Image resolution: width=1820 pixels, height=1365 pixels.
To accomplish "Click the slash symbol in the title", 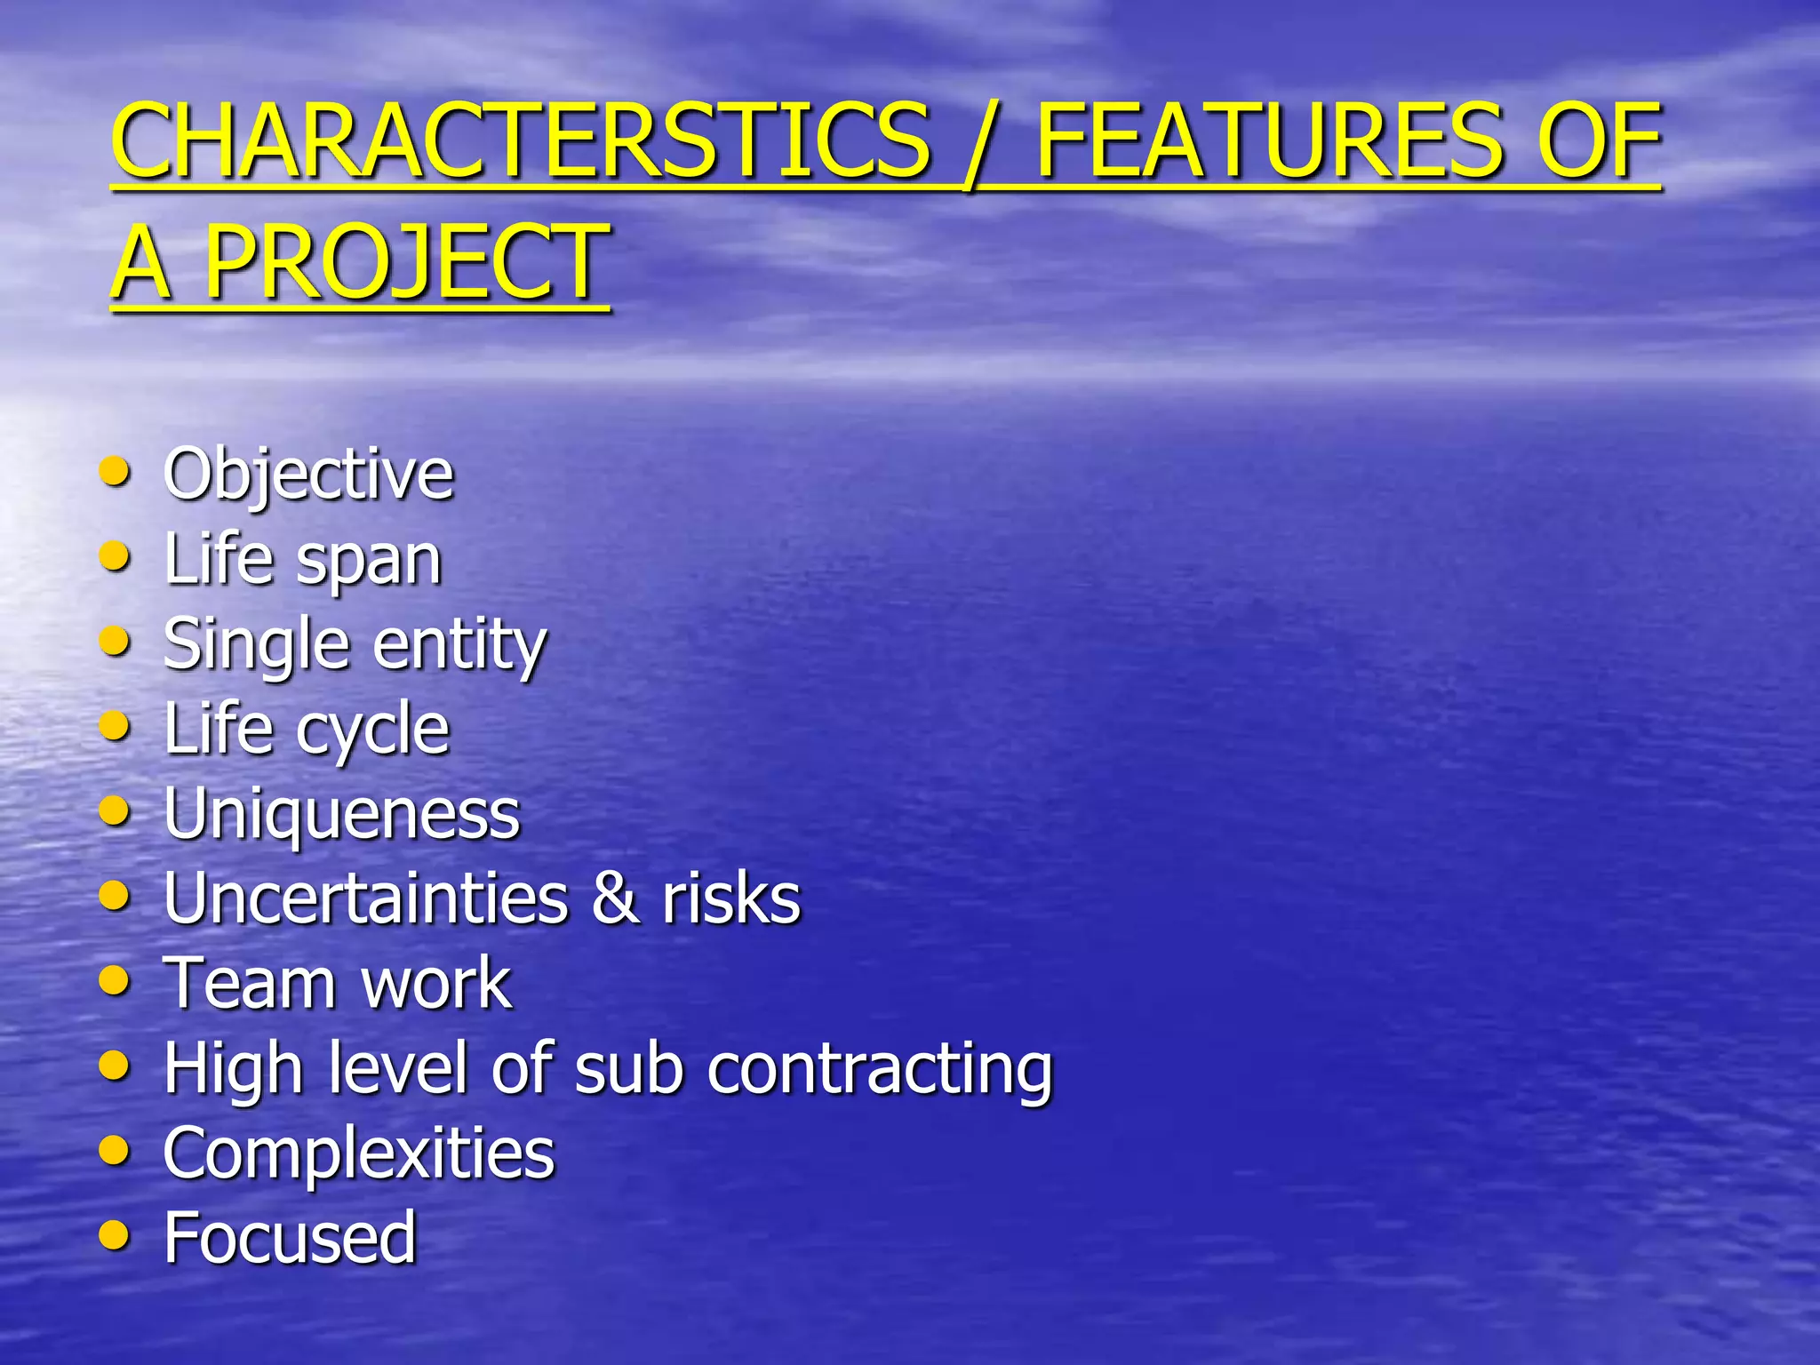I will (982, 142).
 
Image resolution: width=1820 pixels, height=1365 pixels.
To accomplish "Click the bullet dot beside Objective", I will (115, 471).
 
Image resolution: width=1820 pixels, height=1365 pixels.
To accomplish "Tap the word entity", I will (459, 645).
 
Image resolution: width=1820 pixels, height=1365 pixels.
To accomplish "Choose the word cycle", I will (372, 730).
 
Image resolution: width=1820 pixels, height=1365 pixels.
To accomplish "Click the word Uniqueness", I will (341, 813).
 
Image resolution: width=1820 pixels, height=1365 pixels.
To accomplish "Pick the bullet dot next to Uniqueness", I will (115, 810).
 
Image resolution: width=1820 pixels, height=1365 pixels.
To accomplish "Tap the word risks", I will (730, 898).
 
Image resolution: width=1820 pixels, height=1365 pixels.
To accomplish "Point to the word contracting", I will (880, 1069).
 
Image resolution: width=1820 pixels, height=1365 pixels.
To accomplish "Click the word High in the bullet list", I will (234, 1069).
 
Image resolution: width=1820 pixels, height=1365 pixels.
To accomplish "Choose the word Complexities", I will (359, 1153).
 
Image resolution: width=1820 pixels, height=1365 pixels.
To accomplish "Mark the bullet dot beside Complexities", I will (115, 1150).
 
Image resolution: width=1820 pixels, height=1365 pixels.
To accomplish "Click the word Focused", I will (290, 1237).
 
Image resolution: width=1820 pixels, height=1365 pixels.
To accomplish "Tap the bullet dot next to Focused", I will (115, 1234).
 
